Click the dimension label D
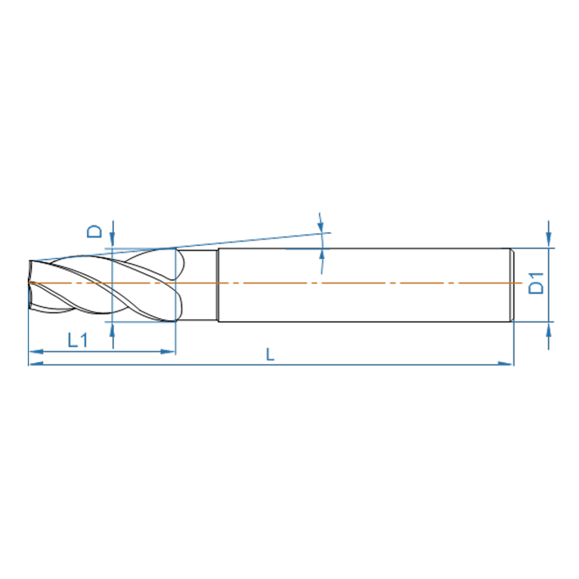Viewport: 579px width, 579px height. (x=96, y=231)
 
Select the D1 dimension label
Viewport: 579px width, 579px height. (x=536, y=283)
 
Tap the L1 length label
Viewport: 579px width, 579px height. (x=77, y=340)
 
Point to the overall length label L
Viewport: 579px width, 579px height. (x=270, y=355)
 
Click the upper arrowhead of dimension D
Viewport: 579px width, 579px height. (x=112, y=241)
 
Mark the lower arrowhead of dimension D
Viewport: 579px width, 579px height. (x=112, y=329)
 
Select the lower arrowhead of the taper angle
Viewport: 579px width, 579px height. (x=322, y=256)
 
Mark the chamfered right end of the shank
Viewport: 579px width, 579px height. (x=512, y=284)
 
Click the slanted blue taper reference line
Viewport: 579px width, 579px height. (x=251, y=240)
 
